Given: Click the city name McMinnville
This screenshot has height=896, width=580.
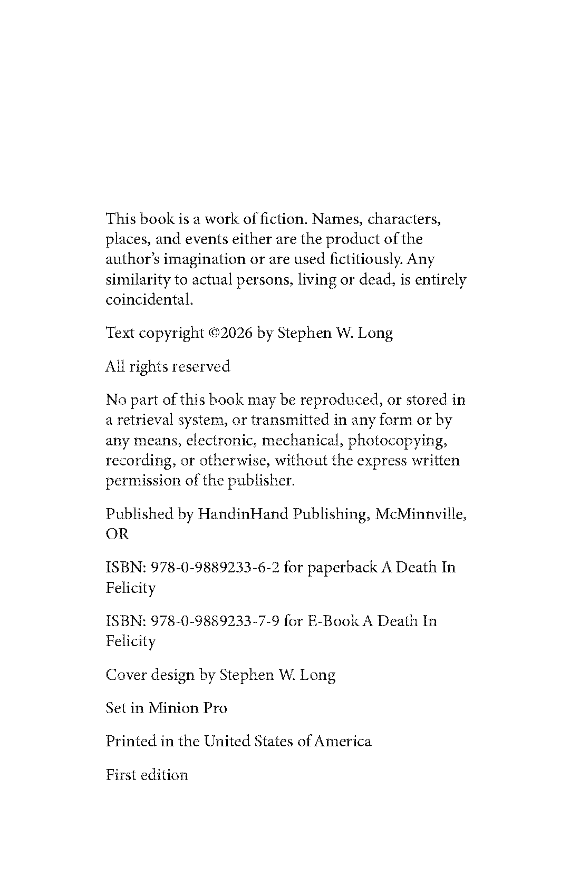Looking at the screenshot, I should pyautogui.click(x=420, y=514).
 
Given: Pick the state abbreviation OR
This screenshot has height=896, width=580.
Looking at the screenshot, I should pyautogui.click(x=117, y=534).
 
